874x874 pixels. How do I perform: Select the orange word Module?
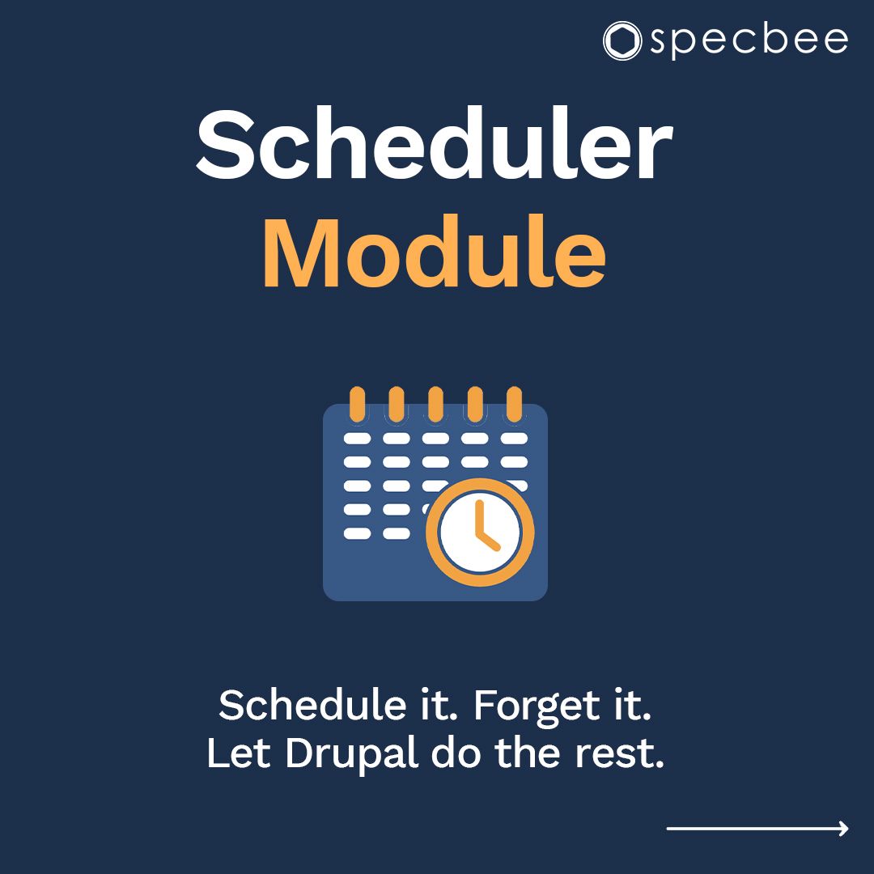tap(435, 252)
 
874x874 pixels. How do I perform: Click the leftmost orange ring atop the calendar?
tap(357, 403)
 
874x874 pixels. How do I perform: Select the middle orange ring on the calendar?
tap(435, 403)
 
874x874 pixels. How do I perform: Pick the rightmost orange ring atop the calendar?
tap(514, 403)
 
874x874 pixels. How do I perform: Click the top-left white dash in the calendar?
tap(357, 438)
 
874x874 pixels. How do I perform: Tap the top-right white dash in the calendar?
tap(514, 438)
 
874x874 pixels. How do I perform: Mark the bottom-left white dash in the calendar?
tap(357, 533)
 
